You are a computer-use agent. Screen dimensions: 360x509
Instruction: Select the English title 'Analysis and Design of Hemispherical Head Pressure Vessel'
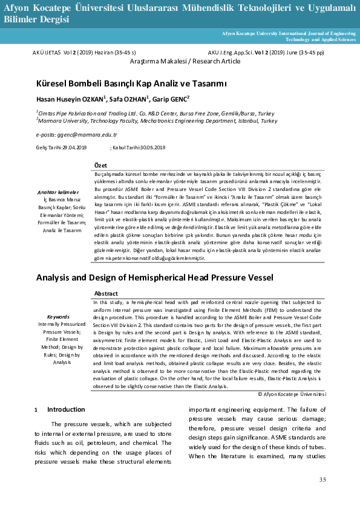155,277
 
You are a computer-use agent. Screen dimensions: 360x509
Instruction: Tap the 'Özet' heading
101,166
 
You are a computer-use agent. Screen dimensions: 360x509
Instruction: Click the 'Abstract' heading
106,293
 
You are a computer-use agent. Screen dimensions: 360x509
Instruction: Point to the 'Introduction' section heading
66,409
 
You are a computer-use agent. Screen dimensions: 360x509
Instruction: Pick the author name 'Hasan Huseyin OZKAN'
70,99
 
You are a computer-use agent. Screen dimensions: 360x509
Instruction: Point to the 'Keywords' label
58,316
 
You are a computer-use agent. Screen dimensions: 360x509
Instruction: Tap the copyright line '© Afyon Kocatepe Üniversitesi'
292,394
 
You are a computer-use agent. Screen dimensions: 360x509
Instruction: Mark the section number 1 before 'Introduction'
36,410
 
